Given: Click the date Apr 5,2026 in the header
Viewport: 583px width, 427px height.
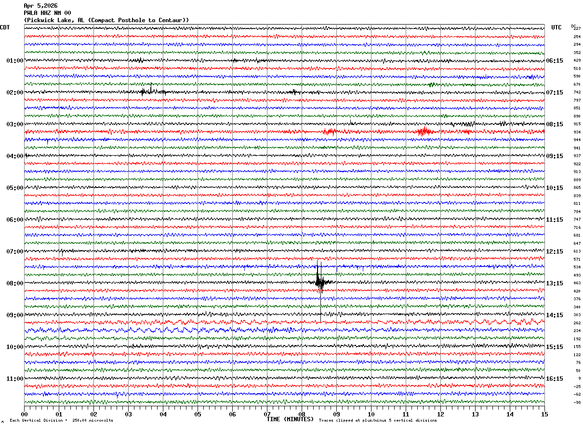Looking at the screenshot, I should click(x=40, y=6).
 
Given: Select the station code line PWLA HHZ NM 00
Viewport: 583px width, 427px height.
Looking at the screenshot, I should click(x=47, y=13).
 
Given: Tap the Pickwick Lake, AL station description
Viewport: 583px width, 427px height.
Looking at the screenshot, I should click(x=106, y=20).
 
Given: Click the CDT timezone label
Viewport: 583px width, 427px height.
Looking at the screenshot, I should click(x=5, y=27).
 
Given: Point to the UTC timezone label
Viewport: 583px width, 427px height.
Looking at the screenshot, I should click(x=556, y=27).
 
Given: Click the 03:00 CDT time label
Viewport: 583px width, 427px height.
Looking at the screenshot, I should click(x=14, y=124).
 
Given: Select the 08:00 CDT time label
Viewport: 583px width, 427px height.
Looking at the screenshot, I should click(x=14, y=283).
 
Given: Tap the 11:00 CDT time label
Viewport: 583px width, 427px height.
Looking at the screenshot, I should click(x=14, y=379).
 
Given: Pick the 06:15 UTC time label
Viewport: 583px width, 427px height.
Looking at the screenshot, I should click(x=554, y=61).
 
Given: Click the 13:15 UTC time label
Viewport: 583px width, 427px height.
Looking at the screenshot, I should click(x=554, y=283).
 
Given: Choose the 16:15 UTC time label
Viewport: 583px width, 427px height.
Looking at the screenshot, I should click(x=554, y=379).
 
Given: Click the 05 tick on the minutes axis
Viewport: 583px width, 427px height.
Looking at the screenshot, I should click(x=198, y=414).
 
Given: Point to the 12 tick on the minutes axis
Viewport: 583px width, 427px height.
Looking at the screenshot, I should click(x=440, y=414).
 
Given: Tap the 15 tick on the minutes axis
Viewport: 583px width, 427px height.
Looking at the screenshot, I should click(x=544, y=414).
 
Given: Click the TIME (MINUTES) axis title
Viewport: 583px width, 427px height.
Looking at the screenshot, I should click(x=290, y=419).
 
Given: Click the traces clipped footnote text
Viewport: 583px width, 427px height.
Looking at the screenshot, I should click(x=378, y=421).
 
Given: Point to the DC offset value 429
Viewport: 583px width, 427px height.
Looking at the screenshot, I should click(x=577, y=61).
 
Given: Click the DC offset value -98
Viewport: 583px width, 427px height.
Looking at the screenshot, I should click(x=577, y=402).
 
